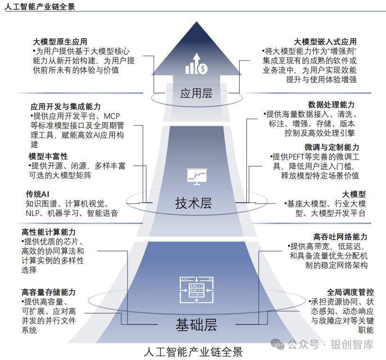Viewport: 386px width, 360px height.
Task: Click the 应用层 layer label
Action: pyautogui.click(x=196, y=93)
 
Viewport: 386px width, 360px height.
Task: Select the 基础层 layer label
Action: pyautogui.click(x=196, y=325)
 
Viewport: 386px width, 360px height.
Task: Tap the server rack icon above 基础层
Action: pyautogui.click(x=195, y=288)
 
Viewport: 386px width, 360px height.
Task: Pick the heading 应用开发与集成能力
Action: pyautogui.click(x=65, y=107)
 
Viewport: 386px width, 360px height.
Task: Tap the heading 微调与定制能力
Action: pyautogui.click(x=332, y=147)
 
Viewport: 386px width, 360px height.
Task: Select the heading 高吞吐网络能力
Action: pyautogui.click(x=340, y=236)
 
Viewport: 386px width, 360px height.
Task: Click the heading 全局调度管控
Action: pyautogui.click(x=350, y=292)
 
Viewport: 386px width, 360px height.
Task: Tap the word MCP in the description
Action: pyautogui.click(x=114, y=116)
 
